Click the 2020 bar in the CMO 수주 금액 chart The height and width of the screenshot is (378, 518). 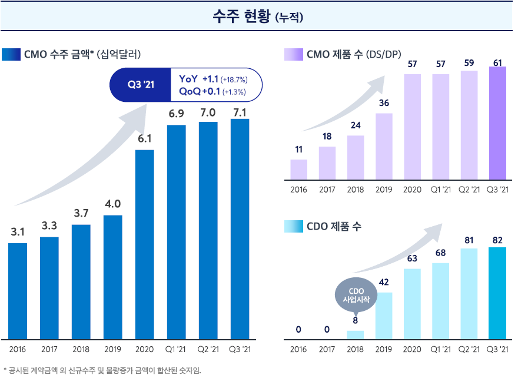(145, 244)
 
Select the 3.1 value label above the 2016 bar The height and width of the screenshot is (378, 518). (18, 231)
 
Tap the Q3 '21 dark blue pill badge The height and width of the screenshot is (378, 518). (141, 85)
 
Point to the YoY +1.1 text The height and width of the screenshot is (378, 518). (198, 79)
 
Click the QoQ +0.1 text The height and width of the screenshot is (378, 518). (199, 91)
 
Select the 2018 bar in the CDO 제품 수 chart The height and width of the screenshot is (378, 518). (355, 335)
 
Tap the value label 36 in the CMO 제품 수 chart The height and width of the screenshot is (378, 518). (384, 103)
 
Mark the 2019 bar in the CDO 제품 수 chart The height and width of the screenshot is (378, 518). (384, 316)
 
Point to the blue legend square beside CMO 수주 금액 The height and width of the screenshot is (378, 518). (11, 55)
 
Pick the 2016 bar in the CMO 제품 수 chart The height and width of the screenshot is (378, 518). (298, 169)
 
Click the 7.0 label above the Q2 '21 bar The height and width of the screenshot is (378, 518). (208, 112)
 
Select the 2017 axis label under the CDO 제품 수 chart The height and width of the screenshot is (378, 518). (327, 349)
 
